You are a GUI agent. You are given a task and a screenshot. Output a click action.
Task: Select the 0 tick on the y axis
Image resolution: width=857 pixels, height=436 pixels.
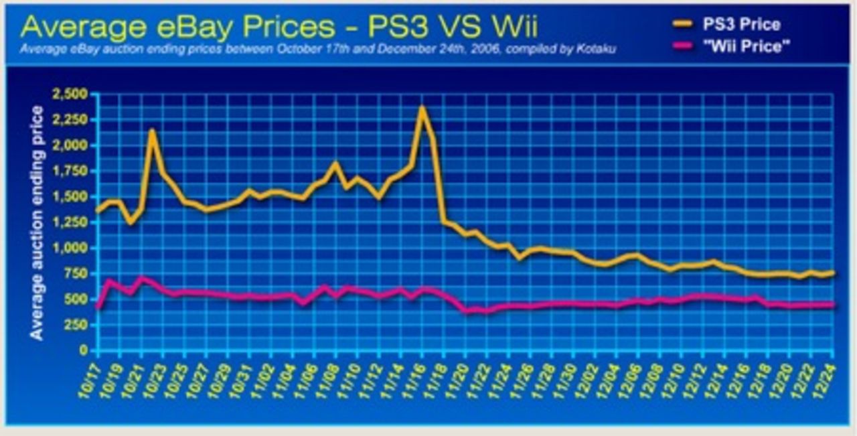[x=84, y=350]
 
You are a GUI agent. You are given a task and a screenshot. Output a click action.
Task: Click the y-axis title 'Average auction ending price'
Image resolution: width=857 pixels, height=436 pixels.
[x=37, y=222]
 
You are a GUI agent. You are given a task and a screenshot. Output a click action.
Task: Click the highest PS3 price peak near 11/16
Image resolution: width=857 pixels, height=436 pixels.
[x=422, y=107]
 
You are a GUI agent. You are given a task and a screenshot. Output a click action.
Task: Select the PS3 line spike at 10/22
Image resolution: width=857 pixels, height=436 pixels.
[x=152, y=131]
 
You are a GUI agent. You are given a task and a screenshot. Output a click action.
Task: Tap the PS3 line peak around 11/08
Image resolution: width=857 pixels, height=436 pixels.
[x=335, y=163]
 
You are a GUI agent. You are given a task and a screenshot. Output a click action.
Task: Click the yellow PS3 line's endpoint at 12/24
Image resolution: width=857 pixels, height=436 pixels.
[x=832, y=273]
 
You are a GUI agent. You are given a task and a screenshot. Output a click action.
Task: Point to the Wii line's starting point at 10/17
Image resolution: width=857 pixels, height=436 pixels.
[x=98, y=307]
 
